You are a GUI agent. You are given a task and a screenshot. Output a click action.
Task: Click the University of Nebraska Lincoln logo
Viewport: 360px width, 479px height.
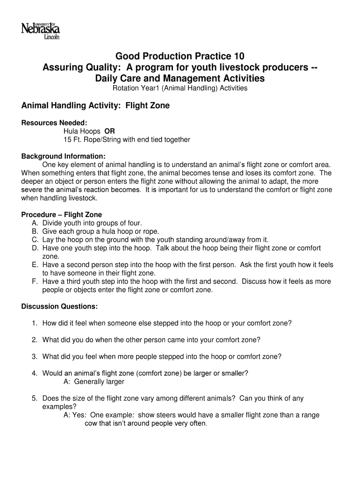pos(40,31)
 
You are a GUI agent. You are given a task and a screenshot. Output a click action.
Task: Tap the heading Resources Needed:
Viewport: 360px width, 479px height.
pos(54,123)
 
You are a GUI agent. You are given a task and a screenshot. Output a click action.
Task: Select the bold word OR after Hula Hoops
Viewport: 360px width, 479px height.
pos(109,131)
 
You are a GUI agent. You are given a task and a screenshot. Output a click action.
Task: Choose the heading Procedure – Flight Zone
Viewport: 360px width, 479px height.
pos(62,215)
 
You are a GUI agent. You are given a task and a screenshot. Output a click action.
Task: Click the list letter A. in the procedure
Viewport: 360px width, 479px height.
pos(35,223)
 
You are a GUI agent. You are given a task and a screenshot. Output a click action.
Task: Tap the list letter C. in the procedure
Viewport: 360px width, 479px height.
pos(35,239)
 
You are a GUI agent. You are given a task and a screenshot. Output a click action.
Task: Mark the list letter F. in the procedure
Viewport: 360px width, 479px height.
pos(35,282)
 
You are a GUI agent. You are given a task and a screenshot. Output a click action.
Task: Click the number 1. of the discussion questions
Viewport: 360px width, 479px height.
pos(35,323)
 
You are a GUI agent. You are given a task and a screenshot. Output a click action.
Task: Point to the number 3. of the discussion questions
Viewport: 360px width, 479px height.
pos(35,356)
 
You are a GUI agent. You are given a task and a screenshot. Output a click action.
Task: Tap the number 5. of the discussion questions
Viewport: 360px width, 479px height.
pos(35,399)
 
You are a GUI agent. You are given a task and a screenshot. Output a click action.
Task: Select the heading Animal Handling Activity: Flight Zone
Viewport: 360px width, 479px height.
pos(95,106)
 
